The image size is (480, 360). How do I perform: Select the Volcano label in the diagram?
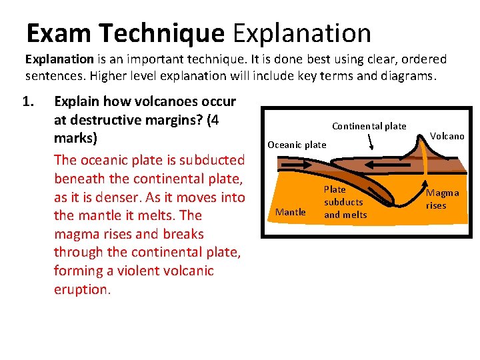click(x=447, y=136)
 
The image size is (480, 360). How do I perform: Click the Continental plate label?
click(x=369, y=126)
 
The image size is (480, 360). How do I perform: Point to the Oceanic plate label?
click(x=297, y=145)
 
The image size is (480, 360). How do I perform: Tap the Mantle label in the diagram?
click(x=291, y=212)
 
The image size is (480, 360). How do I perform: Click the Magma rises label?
click(x=442, y=199)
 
